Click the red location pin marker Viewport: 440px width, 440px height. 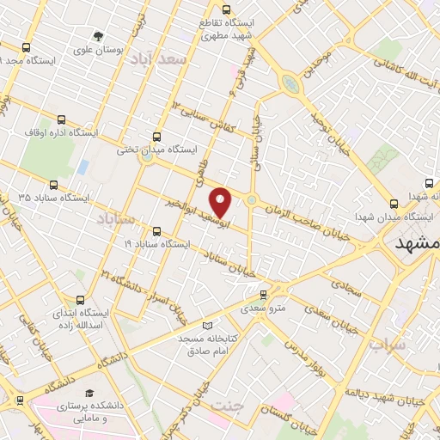[222, 202]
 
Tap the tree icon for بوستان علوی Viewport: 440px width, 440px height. [100, 36]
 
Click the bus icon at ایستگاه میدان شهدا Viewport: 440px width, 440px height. [394, 204]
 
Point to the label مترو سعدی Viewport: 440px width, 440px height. [261, 306]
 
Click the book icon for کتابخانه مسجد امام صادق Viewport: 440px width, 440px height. [207, 325]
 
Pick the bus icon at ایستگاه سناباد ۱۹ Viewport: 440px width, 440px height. [156, 231]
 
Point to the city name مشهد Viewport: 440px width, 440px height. [418, 244]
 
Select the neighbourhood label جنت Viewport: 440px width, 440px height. [227, 404]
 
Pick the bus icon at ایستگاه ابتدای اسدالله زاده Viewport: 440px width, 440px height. [80, 301]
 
